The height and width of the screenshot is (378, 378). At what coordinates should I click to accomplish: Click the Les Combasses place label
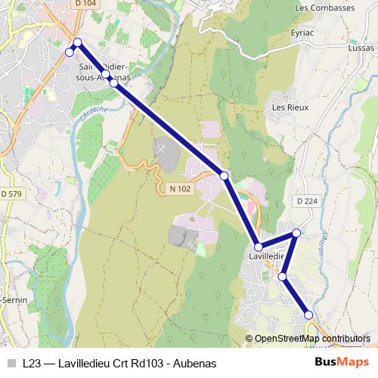[x=325, y=8]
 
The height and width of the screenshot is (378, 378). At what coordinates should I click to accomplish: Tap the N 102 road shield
[x=180, y=188]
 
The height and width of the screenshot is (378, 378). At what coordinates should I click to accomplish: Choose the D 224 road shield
[x=308, y=201]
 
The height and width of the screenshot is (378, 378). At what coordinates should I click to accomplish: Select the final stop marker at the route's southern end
[x=308, y=315]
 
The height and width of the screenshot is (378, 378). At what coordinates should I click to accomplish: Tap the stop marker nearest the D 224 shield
[x=296, y=233]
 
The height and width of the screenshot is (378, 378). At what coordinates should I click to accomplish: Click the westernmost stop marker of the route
[x=70, y=52]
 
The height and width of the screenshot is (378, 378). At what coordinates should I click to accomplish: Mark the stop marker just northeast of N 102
[x=225, y=175]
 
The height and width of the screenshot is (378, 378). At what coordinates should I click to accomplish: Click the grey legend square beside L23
[x=10, y=363]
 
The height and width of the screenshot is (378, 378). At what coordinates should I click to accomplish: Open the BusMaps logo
[x=342, y=363]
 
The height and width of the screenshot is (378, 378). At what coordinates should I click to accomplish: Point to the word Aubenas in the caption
[x=195, y=363]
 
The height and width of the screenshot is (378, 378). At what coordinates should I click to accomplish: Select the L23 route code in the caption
[x=33, y=363]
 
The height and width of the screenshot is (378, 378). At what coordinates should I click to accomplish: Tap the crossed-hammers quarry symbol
[x=161, y=148]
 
